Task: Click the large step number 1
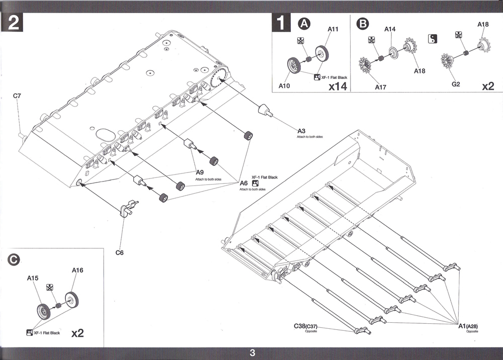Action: click(281, 23)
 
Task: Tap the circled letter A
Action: click(304, 24)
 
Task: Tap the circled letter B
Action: click(363, 24)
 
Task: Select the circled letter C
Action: click(14, 259)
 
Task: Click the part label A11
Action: click(333, 29)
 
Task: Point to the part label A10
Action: click(284, 85)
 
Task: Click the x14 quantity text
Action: click(338, 86)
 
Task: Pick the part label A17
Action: click(381, 87)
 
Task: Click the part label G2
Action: click(456, 84)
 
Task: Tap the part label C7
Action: click(17, 96)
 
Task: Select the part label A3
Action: click(301, 131)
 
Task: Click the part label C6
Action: click(119, 252)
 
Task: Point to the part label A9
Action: click(200, 172)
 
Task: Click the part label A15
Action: click(33, 278)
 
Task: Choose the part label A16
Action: click(77, 270)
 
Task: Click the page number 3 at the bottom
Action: click(253, 353)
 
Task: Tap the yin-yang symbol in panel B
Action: click(433, 39)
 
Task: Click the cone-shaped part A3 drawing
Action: click(265, 110)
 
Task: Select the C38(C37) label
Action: click(305, 326)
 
